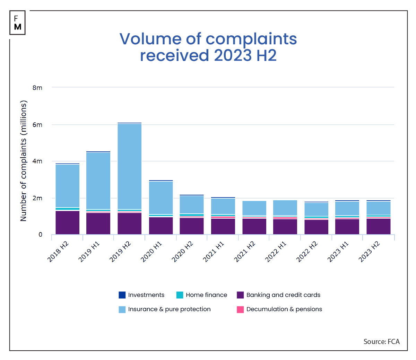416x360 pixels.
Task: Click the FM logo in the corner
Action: tap(18, 23)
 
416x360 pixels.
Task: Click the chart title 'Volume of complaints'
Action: tap(208, 39)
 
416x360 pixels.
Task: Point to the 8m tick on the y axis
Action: tap(37, 88)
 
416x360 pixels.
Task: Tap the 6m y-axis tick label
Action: tap(37, 125)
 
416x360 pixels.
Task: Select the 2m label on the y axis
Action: tap(37, 198)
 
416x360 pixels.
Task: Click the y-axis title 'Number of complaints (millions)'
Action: tap(24, 161)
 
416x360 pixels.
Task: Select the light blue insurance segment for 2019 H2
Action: tap(129, 166)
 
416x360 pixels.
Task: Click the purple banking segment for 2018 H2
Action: tap(67, 222)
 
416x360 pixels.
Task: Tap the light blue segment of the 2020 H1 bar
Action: tap(161, 197)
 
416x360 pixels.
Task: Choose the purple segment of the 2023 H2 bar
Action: tap(378, 226)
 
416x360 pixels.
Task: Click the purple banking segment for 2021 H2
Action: tap(254, 226)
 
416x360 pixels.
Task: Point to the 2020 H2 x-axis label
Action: tap(183, 252)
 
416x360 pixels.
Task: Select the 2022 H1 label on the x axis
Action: tap(276, 252)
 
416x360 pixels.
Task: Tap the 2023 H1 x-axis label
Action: tap(339, 252)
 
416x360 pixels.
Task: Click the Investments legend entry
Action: tap(142, 295)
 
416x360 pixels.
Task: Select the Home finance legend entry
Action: tap(202, 295)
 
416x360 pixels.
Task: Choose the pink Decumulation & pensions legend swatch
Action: tap(240, 309)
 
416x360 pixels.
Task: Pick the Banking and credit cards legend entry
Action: tap(279, 295)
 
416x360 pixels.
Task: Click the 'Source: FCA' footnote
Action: tap(381, 342)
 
